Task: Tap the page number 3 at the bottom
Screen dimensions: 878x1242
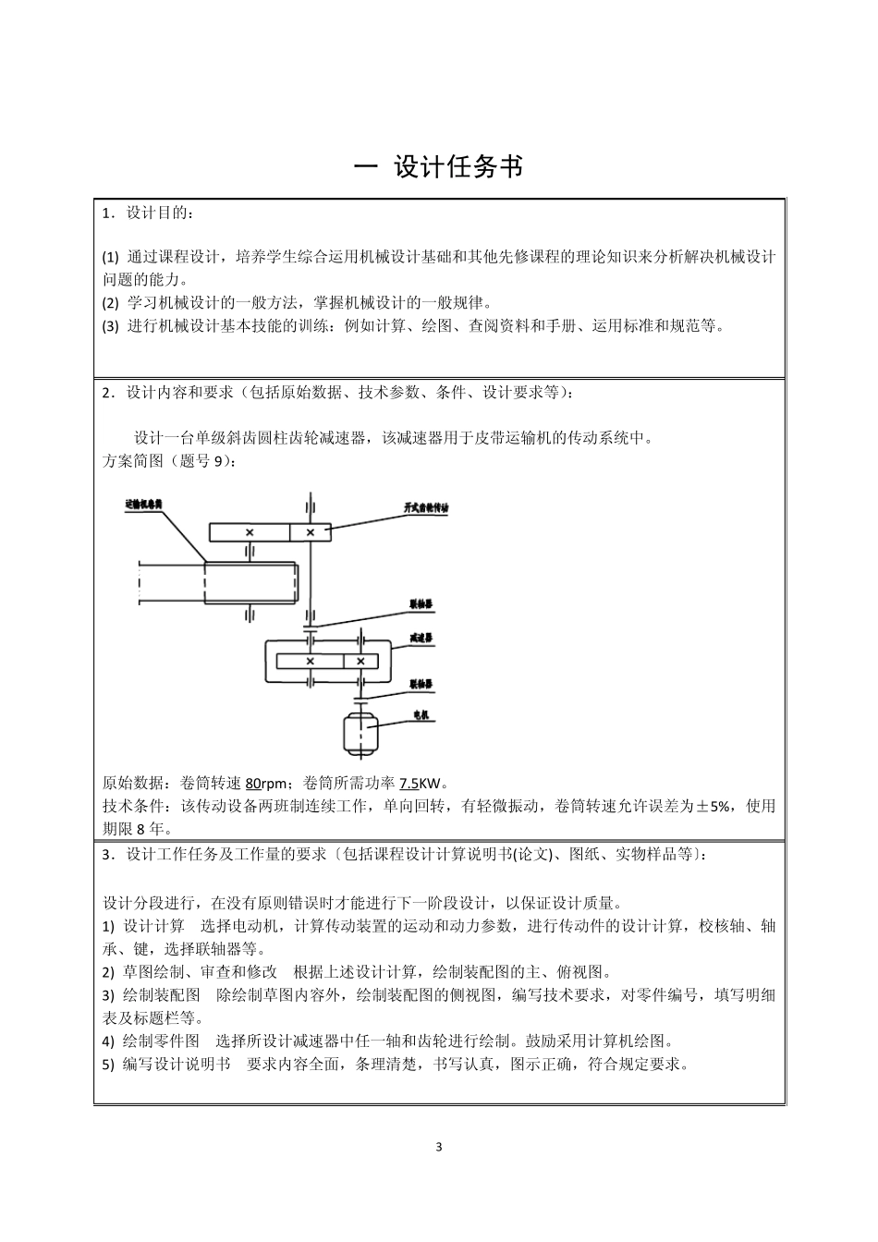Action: (439, 1147)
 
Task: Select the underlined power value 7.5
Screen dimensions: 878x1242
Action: (409, 783)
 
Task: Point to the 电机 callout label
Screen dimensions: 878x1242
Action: (421, 714)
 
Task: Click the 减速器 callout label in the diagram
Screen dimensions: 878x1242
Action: (421, 638)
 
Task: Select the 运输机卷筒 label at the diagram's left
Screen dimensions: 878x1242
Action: (143, 505)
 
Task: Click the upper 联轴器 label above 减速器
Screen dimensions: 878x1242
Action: (421, 603)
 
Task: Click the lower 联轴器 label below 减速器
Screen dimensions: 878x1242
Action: (421, 684)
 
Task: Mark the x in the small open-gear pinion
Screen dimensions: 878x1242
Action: (311, 532)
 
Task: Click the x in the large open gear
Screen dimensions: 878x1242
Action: (250, 532)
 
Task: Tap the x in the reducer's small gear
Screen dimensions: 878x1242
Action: (360, 661)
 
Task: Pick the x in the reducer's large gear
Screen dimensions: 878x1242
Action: (310, 661)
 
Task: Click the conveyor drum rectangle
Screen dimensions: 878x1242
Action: (250, 583)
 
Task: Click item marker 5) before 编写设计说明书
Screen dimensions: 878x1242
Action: (108, 1064)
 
